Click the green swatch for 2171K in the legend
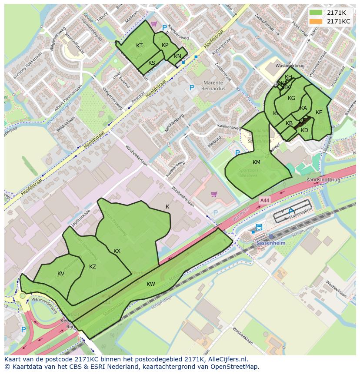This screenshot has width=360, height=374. tap(316, 13)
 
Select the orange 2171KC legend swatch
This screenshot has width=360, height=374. tap(316, 21)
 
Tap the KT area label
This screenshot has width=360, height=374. tap(139, 46)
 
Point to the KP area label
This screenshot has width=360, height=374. tap(165, 45)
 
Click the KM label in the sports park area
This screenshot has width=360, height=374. tap(257, 162)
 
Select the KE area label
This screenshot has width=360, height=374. tap(319, 113)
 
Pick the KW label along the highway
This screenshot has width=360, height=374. tap(150, 284)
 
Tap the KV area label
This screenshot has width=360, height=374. tap(61, 274)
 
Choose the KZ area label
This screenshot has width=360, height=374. tap(93, 267)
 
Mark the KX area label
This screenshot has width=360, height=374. tap(117, 251)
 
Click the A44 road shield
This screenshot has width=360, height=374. tap(264, 200)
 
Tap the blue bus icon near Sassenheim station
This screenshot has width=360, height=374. tap(259, 227)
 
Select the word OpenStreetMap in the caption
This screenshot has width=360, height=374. tap(235, 367)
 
